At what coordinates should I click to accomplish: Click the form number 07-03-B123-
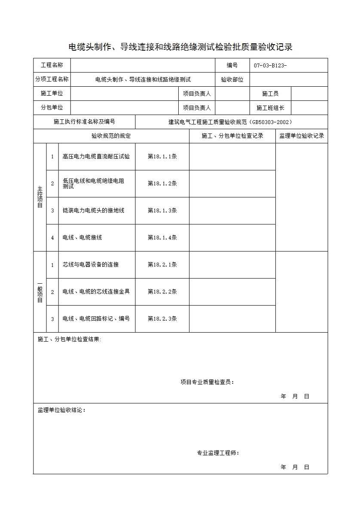coord(270,65)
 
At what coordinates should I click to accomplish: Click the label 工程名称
coord(52,65)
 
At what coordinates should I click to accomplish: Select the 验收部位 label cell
coord(232,79)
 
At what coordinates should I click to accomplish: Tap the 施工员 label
coord(270,94)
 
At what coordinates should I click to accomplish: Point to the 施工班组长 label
coord(270,108)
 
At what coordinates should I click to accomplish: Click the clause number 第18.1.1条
coord(162,157)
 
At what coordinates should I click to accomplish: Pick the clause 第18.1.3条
coord(162,211)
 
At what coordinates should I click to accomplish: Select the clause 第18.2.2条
coord(162,292)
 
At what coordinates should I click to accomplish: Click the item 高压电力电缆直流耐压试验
coord(96,157)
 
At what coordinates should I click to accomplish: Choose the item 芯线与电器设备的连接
coord(91,265)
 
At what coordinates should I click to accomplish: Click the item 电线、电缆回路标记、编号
coord(96,319)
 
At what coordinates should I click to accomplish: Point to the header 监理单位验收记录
coord(302,136)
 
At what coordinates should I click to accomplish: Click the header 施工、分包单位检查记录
coord(232,136)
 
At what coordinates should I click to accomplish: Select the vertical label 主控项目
coord(40,197)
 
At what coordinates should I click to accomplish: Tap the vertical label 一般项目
coord(40,292)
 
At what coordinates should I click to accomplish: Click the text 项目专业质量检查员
coord(207,382)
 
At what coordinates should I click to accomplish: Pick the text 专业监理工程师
coord(217,453)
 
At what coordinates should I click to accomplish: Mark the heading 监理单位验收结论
coord(61,410)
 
